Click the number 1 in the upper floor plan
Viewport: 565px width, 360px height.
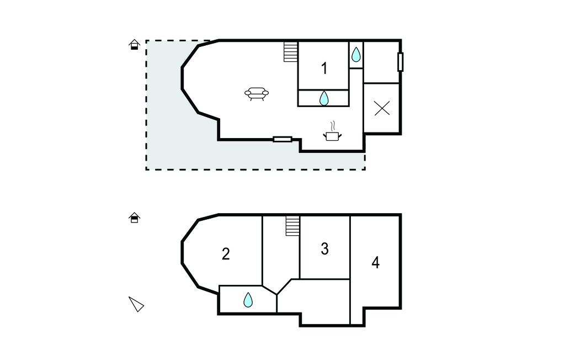tap(324, 68)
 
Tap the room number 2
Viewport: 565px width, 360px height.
tap(226, 254)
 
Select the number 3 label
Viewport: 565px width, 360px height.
tap(324, 249)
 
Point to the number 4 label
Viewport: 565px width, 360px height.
tap(375, 262)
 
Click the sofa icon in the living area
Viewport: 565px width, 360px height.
tap(257, 94)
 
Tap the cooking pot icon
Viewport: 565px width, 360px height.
tap(333, 135)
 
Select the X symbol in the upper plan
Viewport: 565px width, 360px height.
tap(382, 108)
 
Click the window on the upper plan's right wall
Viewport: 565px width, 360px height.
tap(401, 62)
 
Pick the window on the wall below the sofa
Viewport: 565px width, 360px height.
tap(282, 139)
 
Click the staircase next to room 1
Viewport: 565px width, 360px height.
tap(291, 52)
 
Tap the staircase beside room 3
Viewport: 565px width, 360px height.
tap(292, 225)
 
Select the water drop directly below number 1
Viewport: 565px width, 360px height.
tap(324, 98)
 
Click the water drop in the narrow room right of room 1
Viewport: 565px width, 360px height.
tap(356, 54)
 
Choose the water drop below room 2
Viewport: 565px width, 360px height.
tap(248, 300)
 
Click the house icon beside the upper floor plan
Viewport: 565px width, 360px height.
tap(134, 45)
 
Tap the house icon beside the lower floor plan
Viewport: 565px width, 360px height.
tap(134, 218)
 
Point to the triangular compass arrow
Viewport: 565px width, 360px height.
tap(136, 304)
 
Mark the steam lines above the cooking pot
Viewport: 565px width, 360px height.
tap(332, 125)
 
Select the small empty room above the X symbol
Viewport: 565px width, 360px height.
tap(381, 62)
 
